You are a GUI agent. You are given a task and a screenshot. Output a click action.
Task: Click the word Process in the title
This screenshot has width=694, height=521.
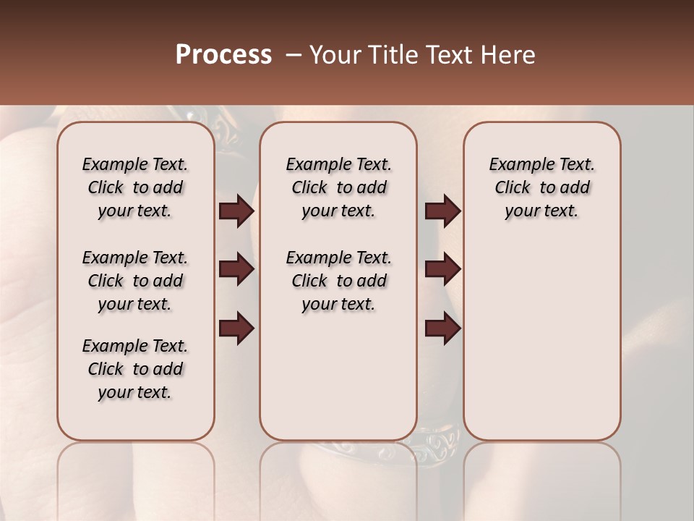coord(223,55)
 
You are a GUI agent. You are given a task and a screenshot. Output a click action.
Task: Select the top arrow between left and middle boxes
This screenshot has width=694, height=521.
coord(236,211)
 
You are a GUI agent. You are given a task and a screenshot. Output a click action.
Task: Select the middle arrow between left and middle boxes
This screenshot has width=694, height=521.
coord(236,270)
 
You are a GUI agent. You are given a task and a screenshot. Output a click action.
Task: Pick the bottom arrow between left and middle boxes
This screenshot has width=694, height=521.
coord(236,329)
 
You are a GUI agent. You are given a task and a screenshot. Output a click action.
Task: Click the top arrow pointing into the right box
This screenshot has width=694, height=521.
coord(442,211)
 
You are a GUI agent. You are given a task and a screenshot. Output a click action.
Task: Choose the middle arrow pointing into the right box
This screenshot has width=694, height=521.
coord(442,270)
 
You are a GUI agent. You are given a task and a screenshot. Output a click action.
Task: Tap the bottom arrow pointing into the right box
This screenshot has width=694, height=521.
coord(442,329)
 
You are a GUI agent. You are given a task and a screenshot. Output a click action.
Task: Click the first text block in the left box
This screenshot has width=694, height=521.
coord(135,187)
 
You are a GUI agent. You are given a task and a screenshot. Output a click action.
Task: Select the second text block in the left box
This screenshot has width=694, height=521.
coord(135,281)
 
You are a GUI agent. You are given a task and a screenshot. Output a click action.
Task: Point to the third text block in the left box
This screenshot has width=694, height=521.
coord(135,369)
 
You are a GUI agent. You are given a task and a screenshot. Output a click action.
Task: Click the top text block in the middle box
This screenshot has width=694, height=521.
coord(338,187)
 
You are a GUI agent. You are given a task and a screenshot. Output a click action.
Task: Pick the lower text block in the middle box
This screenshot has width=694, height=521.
coord(338,281)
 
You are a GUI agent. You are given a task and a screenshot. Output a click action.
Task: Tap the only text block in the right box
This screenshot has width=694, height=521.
coord(541,187)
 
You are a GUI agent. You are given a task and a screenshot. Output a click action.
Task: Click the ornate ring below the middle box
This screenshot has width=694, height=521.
coord(434,442)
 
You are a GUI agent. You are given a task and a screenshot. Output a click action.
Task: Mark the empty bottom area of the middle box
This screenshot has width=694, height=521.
coord(338,384)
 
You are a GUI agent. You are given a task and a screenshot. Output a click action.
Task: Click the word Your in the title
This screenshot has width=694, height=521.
coord(336,55)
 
